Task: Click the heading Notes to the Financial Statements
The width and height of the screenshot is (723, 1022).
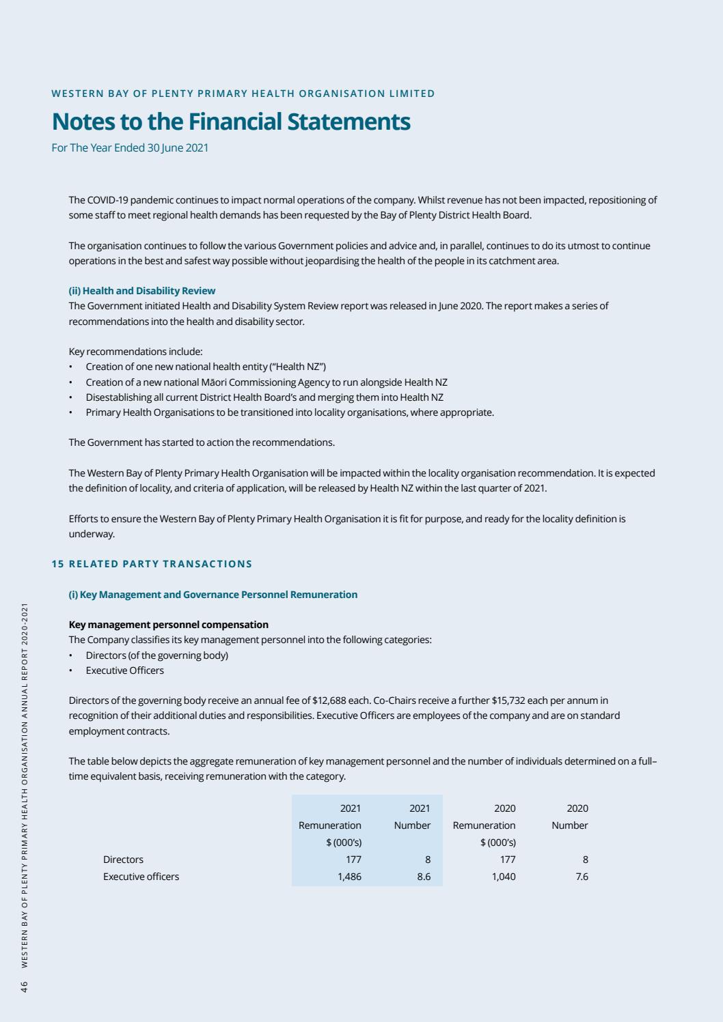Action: coord(231,122)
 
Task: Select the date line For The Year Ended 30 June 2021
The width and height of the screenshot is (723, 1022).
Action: coord(130,147)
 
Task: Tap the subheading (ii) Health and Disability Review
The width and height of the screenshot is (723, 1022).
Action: coord(142,291)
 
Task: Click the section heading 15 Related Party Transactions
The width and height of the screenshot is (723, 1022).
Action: coord(152,564)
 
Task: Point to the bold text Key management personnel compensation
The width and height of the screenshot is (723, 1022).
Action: coord(169,625)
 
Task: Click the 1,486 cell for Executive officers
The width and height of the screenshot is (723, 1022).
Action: coord(349,877)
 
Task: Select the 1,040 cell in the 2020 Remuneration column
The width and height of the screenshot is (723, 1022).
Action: coord(504,877)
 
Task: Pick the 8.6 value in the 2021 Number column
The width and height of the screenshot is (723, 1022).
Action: coord(424,877)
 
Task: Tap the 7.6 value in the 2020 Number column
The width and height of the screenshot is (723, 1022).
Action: coord(581,877)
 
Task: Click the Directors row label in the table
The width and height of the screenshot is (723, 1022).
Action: coord(123,860)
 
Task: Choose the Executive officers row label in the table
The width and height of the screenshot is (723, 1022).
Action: coord(141,877)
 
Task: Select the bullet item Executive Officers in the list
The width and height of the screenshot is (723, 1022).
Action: coord(124,670)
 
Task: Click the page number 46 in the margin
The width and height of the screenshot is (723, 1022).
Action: coord(24,986)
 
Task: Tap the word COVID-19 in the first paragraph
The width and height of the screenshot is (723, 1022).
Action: coord(108,200)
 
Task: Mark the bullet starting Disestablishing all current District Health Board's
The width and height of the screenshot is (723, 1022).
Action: coord(264,397)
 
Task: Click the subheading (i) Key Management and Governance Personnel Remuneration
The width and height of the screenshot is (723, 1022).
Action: coord(213,595)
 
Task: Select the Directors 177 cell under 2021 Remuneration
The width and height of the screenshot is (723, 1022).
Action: coord(353,860)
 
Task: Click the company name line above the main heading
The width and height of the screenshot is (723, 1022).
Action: coord(243,94)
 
